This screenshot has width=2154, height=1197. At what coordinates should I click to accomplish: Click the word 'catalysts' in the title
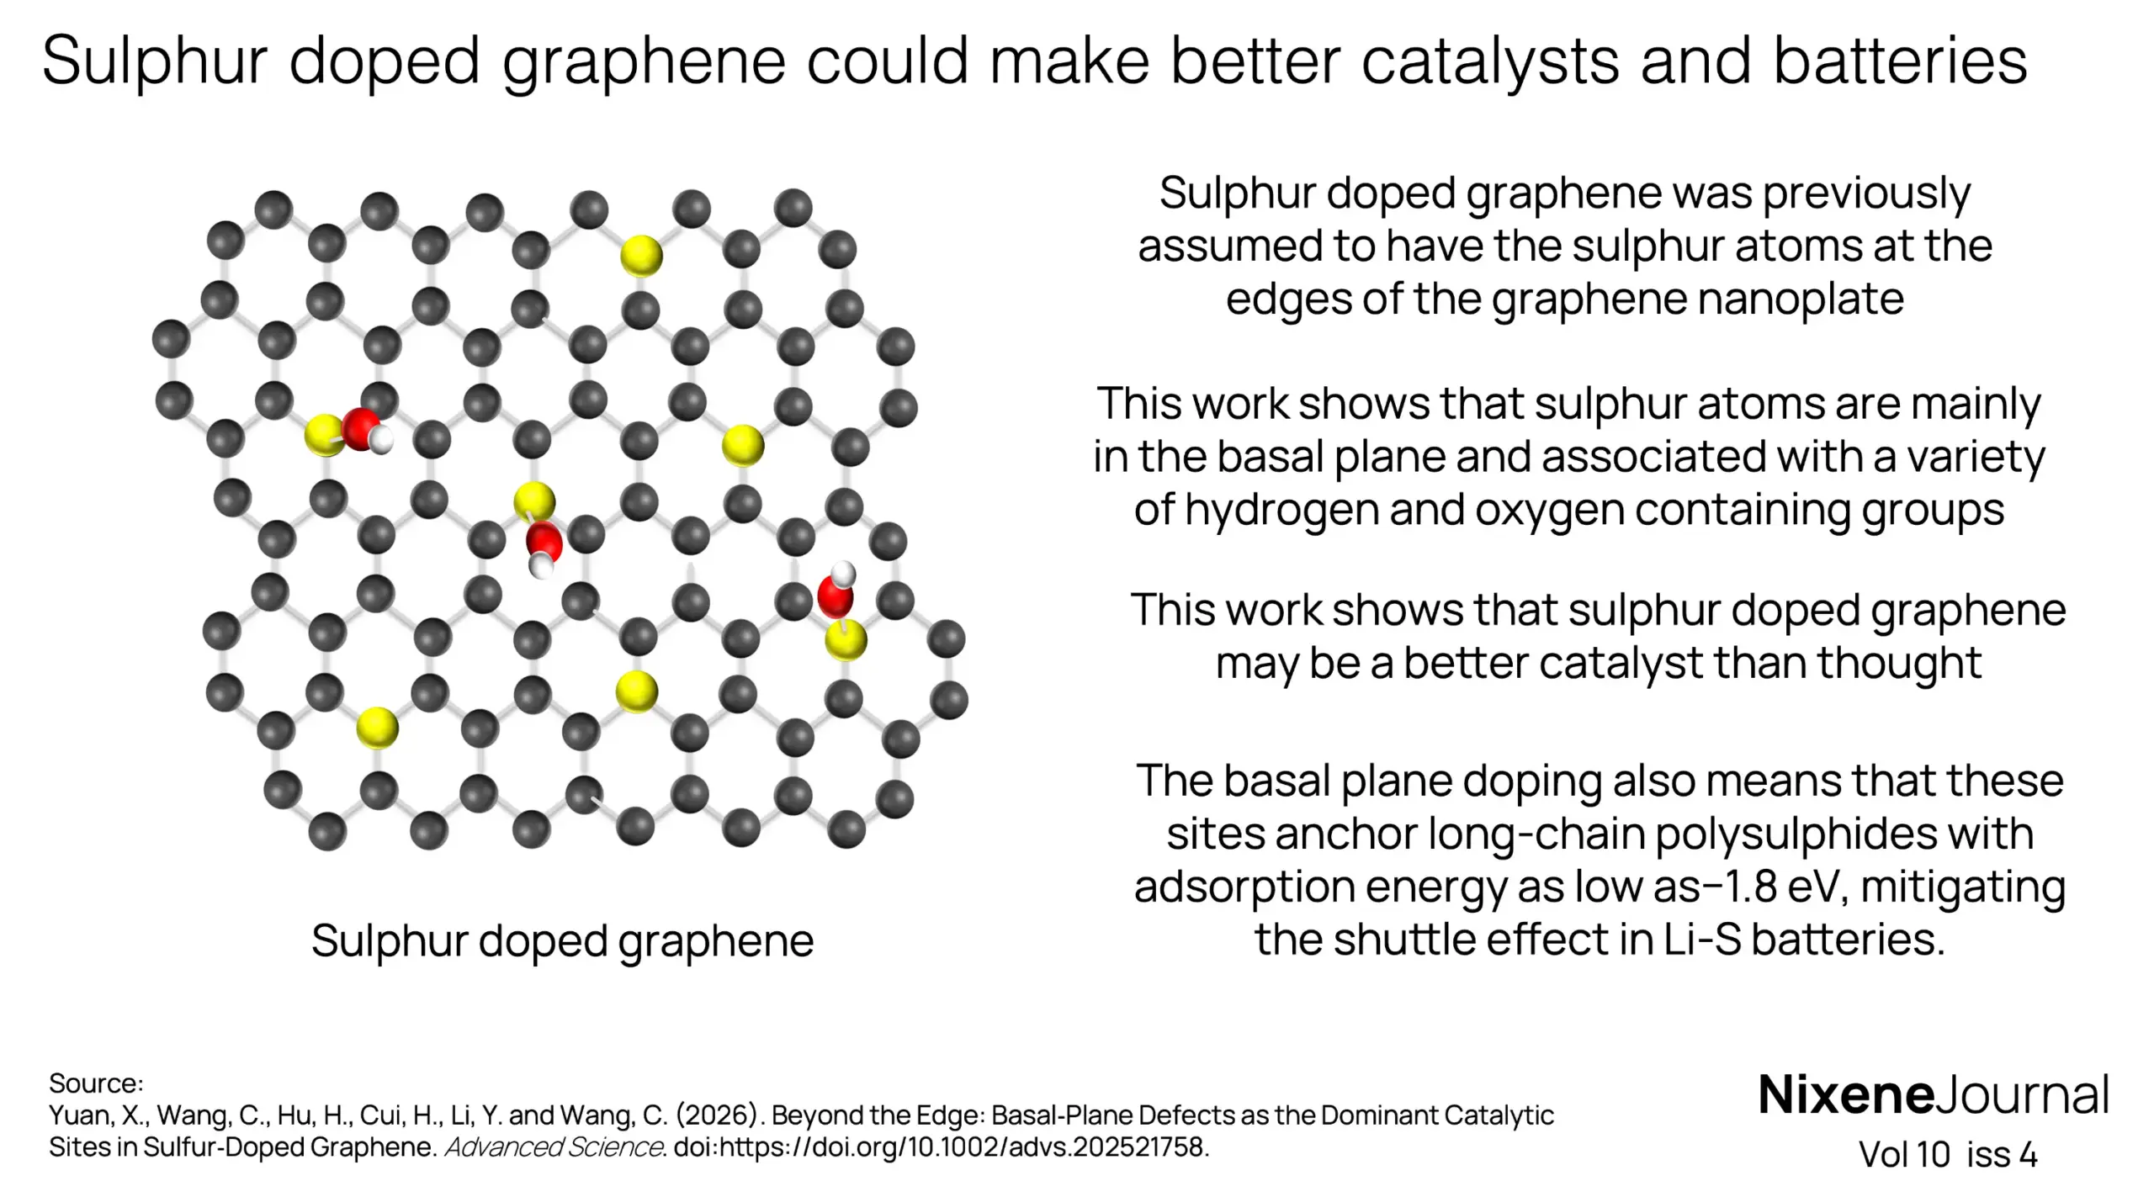point(1489,61)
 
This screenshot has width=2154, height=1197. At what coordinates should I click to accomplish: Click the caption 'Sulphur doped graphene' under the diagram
point(562,940)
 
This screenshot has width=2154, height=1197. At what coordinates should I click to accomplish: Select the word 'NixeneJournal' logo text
point(1934,1095)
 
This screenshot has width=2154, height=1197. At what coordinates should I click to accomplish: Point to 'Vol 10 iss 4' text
point(1948,1155)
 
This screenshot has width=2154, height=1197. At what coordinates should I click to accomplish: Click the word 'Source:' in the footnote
point(96,1083)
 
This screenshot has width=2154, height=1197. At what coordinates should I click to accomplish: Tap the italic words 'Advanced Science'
point(554,1147)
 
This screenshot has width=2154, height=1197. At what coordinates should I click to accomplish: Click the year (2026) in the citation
point(718,1115)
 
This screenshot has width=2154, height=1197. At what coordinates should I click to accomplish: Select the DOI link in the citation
point(942,1147)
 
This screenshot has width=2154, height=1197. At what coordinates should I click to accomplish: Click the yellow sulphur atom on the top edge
point(641,256)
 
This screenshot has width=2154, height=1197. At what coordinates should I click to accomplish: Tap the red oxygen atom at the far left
point(361,429)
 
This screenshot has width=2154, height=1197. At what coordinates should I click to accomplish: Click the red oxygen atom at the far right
point(836,597)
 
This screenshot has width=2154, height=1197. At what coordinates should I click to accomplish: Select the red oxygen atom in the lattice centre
point(544,540)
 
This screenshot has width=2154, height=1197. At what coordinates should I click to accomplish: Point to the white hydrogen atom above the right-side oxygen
point(843,575)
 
